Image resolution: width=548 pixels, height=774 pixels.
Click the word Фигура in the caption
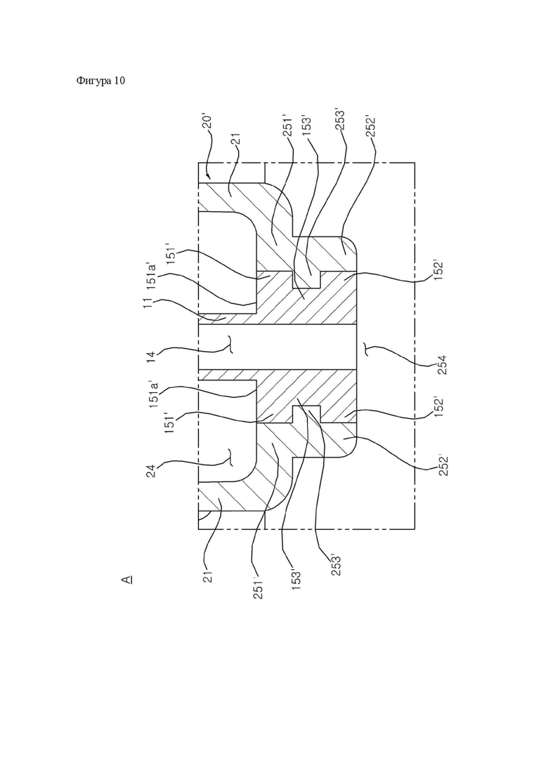coord(94,81)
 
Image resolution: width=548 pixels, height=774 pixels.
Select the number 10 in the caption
coord(119,81)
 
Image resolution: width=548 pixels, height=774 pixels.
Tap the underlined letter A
coord(127,579)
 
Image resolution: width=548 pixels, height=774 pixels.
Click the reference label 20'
coord(208,122)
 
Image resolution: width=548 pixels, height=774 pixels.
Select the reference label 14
coord(151,354)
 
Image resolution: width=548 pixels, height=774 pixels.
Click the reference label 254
coord(443,365)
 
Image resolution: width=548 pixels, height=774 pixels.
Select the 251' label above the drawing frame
coord(289,127)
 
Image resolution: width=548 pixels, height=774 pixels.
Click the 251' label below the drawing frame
coord(258,587)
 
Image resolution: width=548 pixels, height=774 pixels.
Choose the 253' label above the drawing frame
coord(340,119)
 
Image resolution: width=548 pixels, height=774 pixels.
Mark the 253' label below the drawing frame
coord(337,564)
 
